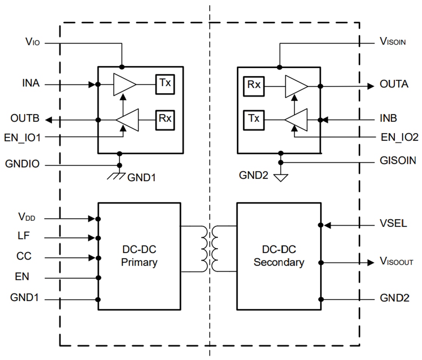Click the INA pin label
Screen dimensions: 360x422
[31, 83]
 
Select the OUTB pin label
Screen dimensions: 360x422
[25, 118]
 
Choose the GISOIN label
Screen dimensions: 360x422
[397, 161]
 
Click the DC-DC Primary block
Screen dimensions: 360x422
[139, 256]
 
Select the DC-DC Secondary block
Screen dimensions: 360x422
[279, 256]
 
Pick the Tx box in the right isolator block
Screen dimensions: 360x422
[253, 118]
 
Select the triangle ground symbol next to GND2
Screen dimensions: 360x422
[281, 177]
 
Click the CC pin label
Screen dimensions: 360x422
[24, 256]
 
